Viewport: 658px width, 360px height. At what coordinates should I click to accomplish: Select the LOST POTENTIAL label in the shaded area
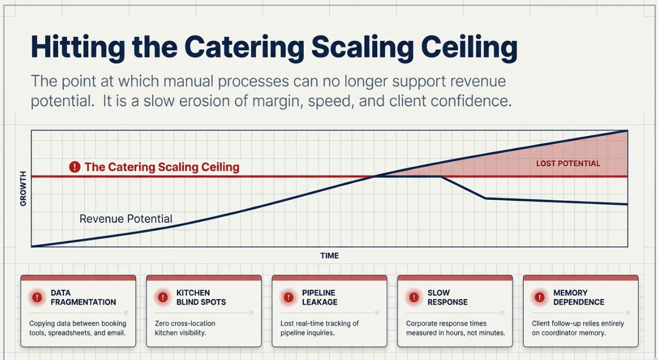tap(568, 164)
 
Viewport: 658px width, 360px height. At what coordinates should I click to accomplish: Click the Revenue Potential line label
tap(126, 219)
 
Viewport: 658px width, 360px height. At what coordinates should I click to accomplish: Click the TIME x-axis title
tap(330, 256)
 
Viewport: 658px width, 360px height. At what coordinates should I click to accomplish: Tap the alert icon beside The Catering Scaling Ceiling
tap(75, 167)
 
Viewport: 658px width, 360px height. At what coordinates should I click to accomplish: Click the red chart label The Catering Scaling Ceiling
tap(161, 167)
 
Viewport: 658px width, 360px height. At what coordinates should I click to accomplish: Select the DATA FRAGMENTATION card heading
tap(83, 298)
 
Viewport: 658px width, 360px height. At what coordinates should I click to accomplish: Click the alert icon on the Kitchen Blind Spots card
tap(163, 297)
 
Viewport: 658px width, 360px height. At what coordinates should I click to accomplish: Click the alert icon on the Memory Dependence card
tap(540, 297)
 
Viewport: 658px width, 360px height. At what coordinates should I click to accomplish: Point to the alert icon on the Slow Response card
tap(414, 297)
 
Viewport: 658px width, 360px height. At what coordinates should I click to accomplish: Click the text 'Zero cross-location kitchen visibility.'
tap(185, 328)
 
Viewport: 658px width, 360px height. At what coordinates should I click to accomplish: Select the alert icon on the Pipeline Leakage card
tap(288, 297)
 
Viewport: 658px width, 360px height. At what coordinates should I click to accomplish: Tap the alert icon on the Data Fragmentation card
tap(37, 297)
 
